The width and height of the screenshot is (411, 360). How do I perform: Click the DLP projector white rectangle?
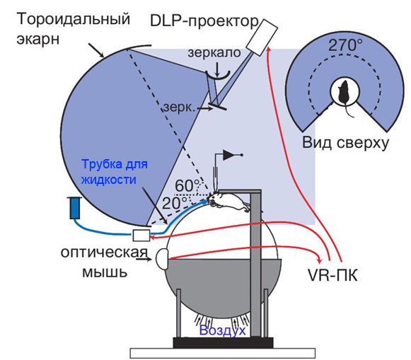[262, 37]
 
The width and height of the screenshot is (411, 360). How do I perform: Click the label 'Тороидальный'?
[74, 19]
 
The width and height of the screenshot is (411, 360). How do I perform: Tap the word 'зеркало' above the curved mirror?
[214, 52]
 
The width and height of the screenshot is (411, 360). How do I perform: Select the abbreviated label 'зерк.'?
[180, 108]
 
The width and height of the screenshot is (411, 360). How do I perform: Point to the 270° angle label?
[345, 45]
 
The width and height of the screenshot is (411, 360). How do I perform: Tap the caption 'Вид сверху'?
[345, 143]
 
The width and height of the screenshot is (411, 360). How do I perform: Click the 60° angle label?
[187, 186]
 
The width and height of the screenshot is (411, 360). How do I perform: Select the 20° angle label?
[175, 203]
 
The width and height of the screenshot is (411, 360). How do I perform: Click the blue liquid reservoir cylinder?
[76, 207]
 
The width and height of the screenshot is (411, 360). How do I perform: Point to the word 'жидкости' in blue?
[109, 180]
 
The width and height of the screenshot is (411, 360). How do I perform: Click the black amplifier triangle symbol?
[228, 155]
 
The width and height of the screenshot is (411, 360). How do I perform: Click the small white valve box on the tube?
[141, 235]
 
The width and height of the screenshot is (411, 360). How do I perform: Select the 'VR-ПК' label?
[332, 276]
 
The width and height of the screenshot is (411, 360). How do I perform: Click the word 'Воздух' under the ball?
[223, 330]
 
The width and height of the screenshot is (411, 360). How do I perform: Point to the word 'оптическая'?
[104, 252]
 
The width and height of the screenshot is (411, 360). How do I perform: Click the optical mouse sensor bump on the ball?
[162, 259]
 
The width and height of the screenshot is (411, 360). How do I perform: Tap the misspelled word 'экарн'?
[38, 40]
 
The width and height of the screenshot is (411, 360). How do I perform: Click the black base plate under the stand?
[223, 342]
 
